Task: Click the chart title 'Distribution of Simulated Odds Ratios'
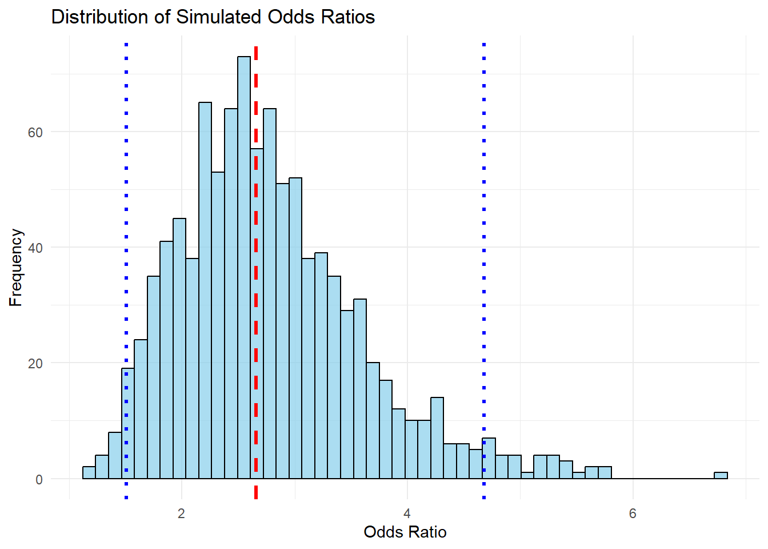213,17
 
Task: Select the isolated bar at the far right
721,475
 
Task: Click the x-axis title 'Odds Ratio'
405,532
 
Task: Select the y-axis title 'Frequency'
16,268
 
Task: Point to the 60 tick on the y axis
35,133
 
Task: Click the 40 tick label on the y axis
35,248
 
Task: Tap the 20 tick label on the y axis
35,364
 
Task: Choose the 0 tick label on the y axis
39,480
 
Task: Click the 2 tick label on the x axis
181,514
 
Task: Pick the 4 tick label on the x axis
407,514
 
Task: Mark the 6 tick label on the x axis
633,514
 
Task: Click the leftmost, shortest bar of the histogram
89,473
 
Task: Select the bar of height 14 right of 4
437,438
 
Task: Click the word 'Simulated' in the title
219,17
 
